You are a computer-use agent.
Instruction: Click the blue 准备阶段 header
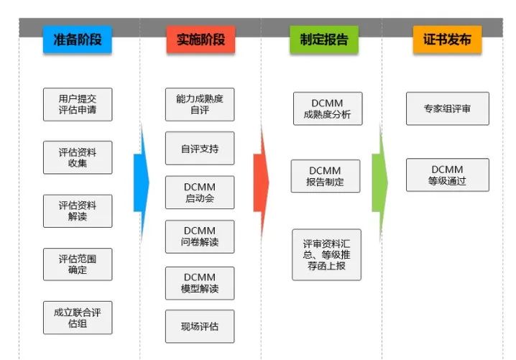tap(78, 40)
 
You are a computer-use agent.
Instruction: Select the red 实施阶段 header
tap(201, 40)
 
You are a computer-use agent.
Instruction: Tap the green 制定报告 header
tap(324, 40)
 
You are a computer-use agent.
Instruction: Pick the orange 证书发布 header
tap(447, 40)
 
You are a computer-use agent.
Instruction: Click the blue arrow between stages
tap(142, 183)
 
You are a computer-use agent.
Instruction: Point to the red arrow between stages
tap(262, 183)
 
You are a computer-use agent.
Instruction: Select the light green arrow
tap(380, 183)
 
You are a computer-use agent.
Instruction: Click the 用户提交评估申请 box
tap(78, 104)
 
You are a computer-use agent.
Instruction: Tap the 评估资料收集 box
tap(78, 157)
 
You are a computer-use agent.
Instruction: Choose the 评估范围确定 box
tap(78, 264)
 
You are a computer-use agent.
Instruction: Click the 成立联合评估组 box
tap(78, 318)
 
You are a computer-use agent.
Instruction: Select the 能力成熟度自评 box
tap(200, 104)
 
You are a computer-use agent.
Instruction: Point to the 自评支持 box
tap(200, 149)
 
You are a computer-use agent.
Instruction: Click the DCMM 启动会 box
tap(200, 193)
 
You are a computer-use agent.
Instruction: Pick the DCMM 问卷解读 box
tap(200, 236)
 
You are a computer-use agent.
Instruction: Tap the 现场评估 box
tap(200, 326)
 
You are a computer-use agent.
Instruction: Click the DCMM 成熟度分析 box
tap(328, 109)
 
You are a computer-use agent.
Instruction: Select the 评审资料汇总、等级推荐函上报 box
tap(326, 254)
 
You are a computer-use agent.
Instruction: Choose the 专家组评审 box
tap(448, 109)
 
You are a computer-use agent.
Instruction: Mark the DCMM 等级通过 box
tap(448, 175)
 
